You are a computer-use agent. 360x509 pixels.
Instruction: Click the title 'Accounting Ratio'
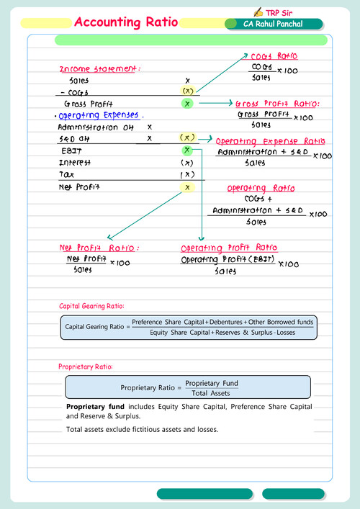(126, 22)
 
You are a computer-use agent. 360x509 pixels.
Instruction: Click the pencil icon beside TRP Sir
(258, 12)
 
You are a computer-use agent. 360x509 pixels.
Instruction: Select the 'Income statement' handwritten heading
(99, 69)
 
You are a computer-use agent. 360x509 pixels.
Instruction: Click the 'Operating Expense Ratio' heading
(271, 141)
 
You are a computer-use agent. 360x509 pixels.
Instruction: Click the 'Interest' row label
(75, 163)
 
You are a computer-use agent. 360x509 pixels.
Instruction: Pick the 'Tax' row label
(66, 175)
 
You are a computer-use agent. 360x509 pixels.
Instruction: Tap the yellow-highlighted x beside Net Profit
(187, 187)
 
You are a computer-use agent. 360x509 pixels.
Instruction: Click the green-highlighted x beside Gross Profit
(187, 104)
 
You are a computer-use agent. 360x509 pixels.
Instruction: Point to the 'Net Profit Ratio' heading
(99, 248)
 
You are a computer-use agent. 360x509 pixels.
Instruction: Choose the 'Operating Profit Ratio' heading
(229, 248)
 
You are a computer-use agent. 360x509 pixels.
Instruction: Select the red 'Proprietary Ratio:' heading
(85, 366)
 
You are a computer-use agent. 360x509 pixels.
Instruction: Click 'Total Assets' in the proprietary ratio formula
(212, 393)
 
